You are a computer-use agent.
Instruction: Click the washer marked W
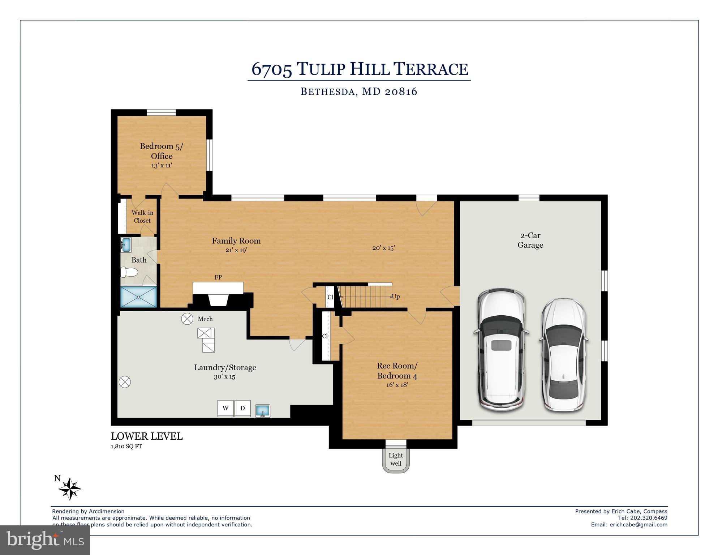point(225,408)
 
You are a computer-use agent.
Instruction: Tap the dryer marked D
point(242,408)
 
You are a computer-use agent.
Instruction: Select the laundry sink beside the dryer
point(263,411)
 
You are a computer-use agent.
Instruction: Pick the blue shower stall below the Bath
point(138,297)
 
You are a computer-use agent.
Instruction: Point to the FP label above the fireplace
point(218,277)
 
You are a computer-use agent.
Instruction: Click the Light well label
point(396,460)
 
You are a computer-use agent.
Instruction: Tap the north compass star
point(70,489)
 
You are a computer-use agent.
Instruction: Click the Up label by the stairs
point(396,296)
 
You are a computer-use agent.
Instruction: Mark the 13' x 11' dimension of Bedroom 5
point(162,166)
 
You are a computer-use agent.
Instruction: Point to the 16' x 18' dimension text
point(397,385)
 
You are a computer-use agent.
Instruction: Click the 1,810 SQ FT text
point(126,447)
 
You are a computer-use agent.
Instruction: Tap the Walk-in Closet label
point(142,217)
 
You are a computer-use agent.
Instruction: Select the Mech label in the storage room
point(205,319)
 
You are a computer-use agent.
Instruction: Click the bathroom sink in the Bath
point(126,245)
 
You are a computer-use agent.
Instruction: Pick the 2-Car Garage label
point(530,240)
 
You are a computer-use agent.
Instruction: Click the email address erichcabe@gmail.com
point(639,525)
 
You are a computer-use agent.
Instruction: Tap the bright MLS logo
point(45,540)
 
